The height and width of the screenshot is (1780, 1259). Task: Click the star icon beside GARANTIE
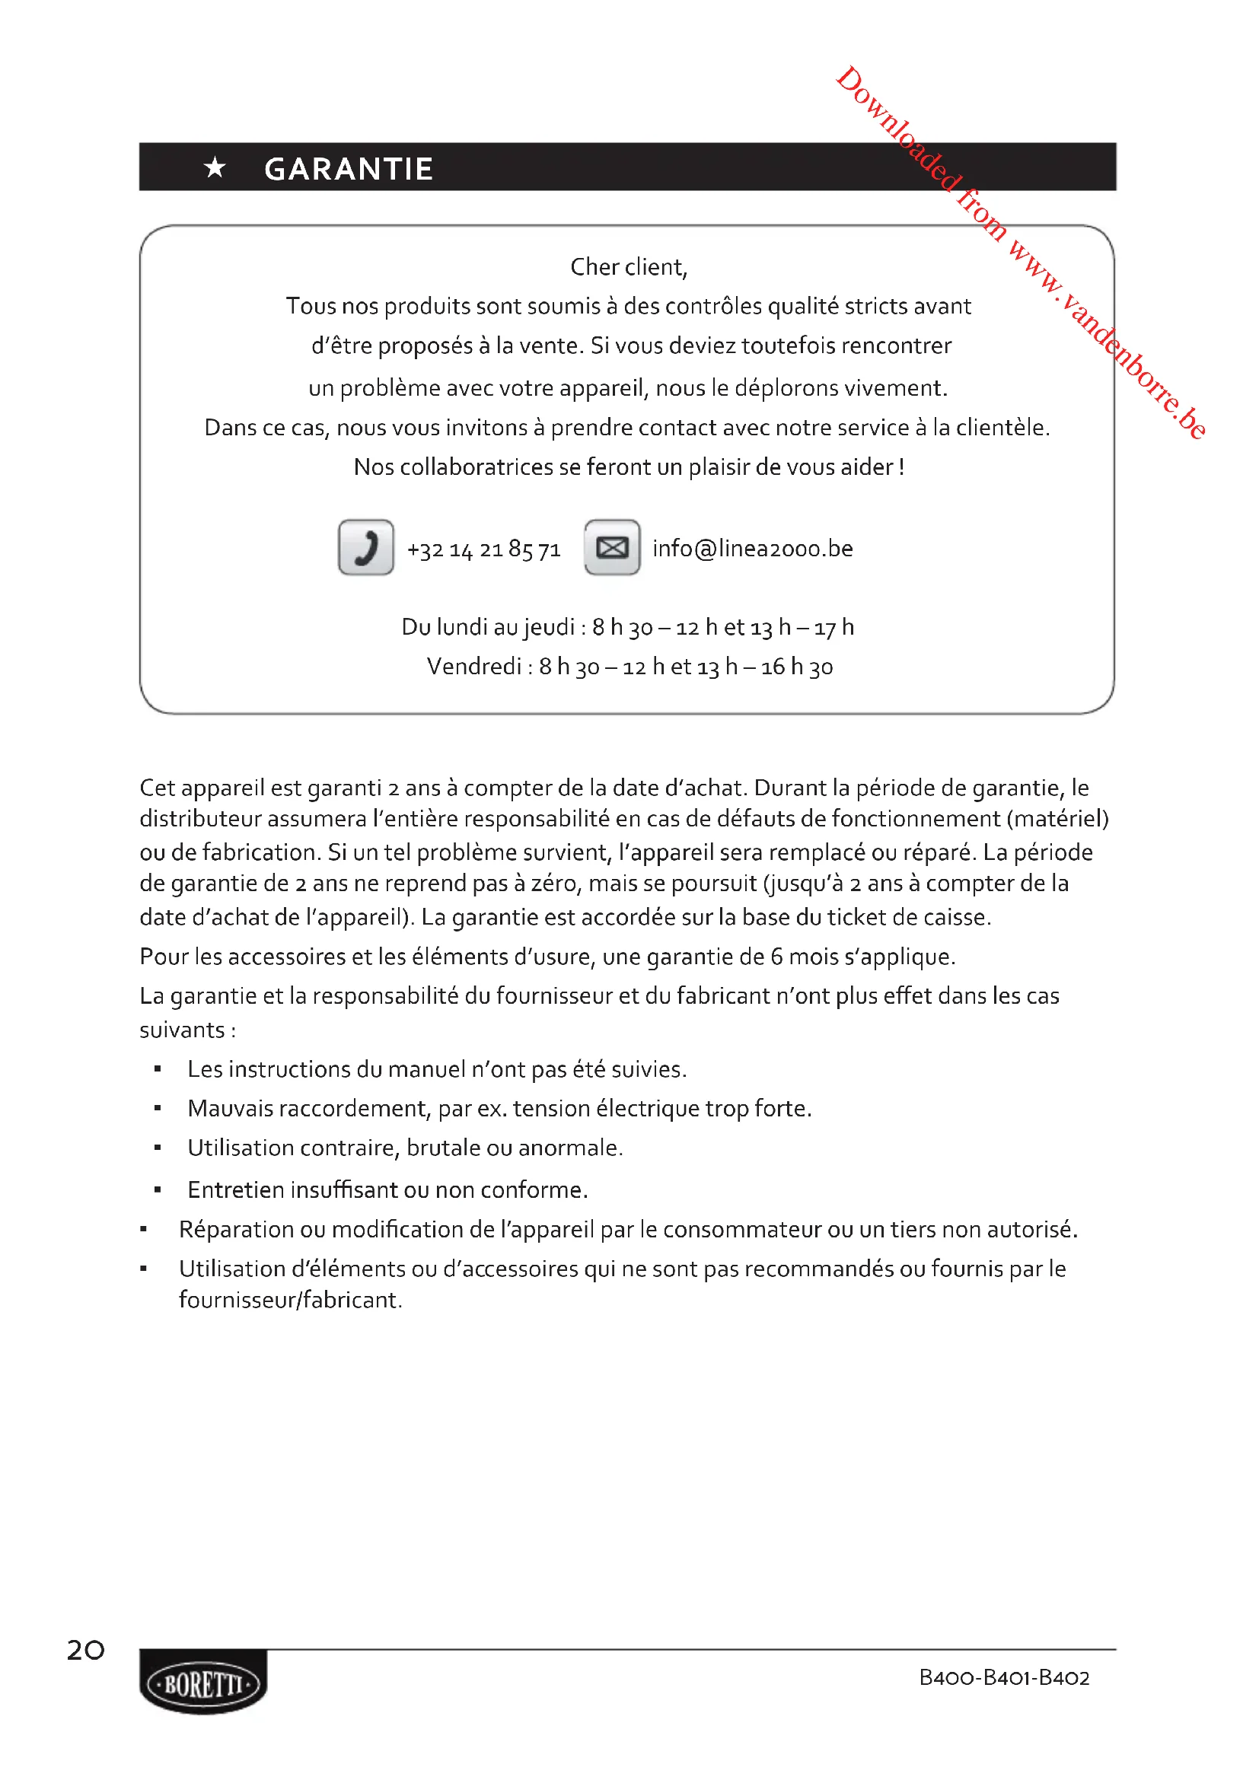tap(215, 167)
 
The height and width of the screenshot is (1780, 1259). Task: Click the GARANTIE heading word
tap(348, 169)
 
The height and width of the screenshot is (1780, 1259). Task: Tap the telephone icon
tap(366, 547)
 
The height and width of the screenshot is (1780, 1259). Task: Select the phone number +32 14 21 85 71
tap(483, 549)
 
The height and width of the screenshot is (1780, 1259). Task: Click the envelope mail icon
tap(612, 547)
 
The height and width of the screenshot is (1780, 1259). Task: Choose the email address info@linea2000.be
tap(752, 549)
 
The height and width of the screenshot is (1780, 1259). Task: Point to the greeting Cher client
tap(628, 266)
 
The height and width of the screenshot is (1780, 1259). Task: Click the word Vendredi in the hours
tap(473, 667)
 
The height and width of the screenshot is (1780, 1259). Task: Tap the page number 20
tap(85, 1650)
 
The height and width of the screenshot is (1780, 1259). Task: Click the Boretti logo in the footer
tap(203, 1685)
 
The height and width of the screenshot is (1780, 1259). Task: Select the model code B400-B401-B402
tap(1004, 1678)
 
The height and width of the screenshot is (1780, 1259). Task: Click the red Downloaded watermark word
tap(899, 129)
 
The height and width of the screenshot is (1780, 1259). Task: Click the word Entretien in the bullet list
tap(236, 1190)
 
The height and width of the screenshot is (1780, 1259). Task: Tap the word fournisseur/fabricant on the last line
tap(290, 1300)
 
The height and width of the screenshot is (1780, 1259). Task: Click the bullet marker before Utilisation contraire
tap(158, 1148)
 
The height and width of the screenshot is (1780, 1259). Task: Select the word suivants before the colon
tap(181, 1030)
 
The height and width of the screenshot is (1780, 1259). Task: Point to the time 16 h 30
tap(796, 667)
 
